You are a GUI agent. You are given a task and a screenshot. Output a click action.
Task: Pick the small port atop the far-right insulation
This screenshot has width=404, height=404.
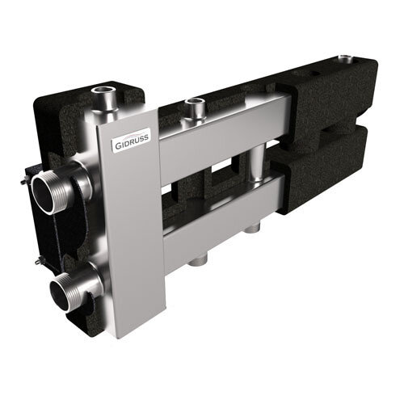click(348, 59)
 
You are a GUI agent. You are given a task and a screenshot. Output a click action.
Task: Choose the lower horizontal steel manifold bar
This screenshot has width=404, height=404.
click(218, 214)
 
